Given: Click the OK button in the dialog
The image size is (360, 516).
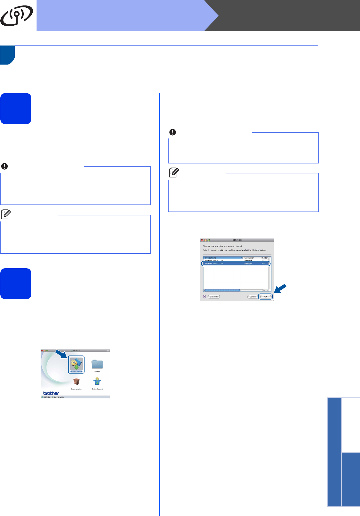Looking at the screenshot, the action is [266, 297].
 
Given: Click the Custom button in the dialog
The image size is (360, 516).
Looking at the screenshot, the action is [214, 297].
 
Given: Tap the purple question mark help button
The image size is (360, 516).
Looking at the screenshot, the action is [205, 297].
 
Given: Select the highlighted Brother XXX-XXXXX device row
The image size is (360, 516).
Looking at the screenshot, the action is [236, 264].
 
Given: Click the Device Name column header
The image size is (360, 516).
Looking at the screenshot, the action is [223, 258].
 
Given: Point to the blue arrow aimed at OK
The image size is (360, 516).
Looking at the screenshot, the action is [280, 288].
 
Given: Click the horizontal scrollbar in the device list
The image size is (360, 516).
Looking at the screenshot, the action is [222, 290].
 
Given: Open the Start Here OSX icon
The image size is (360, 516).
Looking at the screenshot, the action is [76, 364].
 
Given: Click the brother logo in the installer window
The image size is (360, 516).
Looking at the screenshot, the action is [51, 393].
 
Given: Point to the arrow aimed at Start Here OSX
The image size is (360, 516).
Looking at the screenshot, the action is [61, 354].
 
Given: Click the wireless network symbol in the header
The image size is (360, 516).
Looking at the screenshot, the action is [17, 16].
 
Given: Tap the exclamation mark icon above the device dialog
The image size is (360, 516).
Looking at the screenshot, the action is [172, 132].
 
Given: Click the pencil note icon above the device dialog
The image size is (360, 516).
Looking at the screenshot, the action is [174, 173].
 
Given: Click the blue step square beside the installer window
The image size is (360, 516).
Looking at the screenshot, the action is [16, 284].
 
